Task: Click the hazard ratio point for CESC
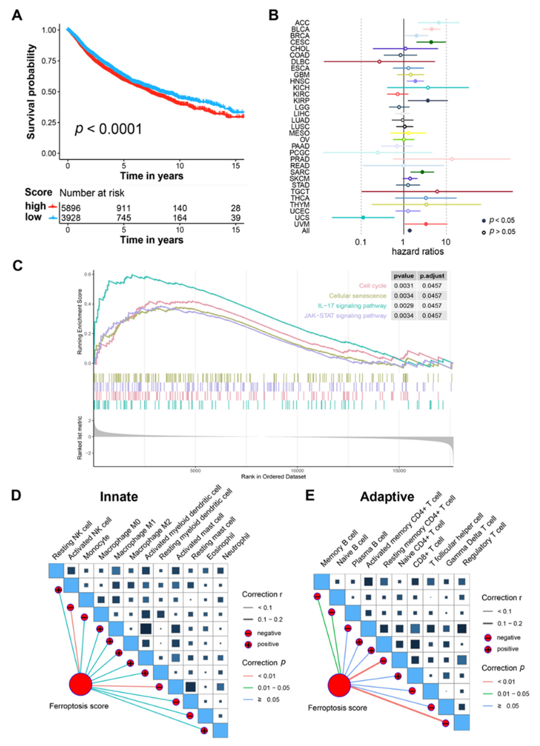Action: point(431,42)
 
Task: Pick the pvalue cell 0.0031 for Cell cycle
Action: point(403,286)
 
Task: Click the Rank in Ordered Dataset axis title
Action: point(273,476)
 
